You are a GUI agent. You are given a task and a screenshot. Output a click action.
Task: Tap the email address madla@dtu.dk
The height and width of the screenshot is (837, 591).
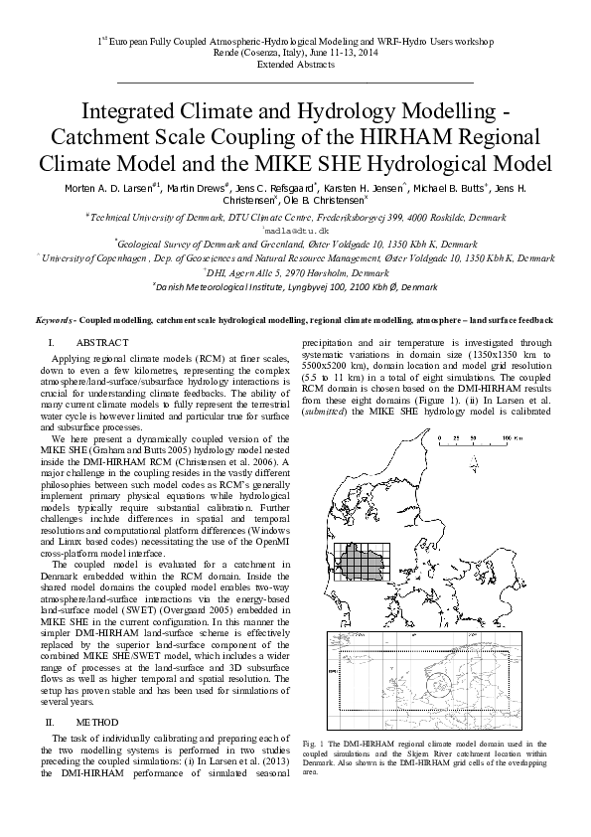pyautogui.click(x=295, y=229)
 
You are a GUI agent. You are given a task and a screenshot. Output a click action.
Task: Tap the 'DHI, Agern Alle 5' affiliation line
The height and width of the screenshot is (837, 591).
pyautogui.click(x=295, y=270)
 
